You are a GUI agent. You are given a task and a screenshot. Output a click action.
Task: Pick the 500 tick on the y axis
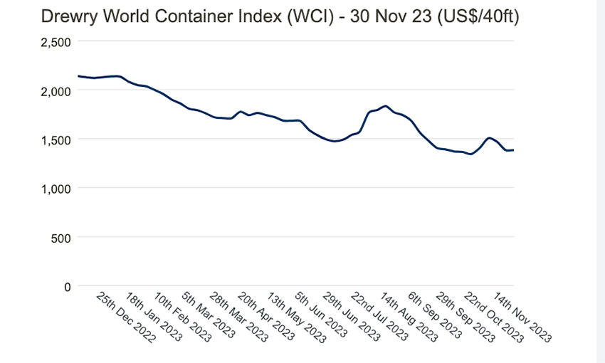60,237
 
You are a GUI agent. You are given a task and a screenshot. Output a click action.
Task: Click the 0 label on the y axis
68,286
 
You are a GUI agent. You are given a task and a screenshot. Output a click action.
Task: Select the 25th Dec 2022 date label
125,317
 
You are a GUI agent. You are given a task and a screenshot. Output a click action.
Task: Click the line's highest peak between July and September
385,106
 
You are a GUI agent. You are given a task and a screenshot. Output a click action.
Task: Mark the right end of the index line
513,149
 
